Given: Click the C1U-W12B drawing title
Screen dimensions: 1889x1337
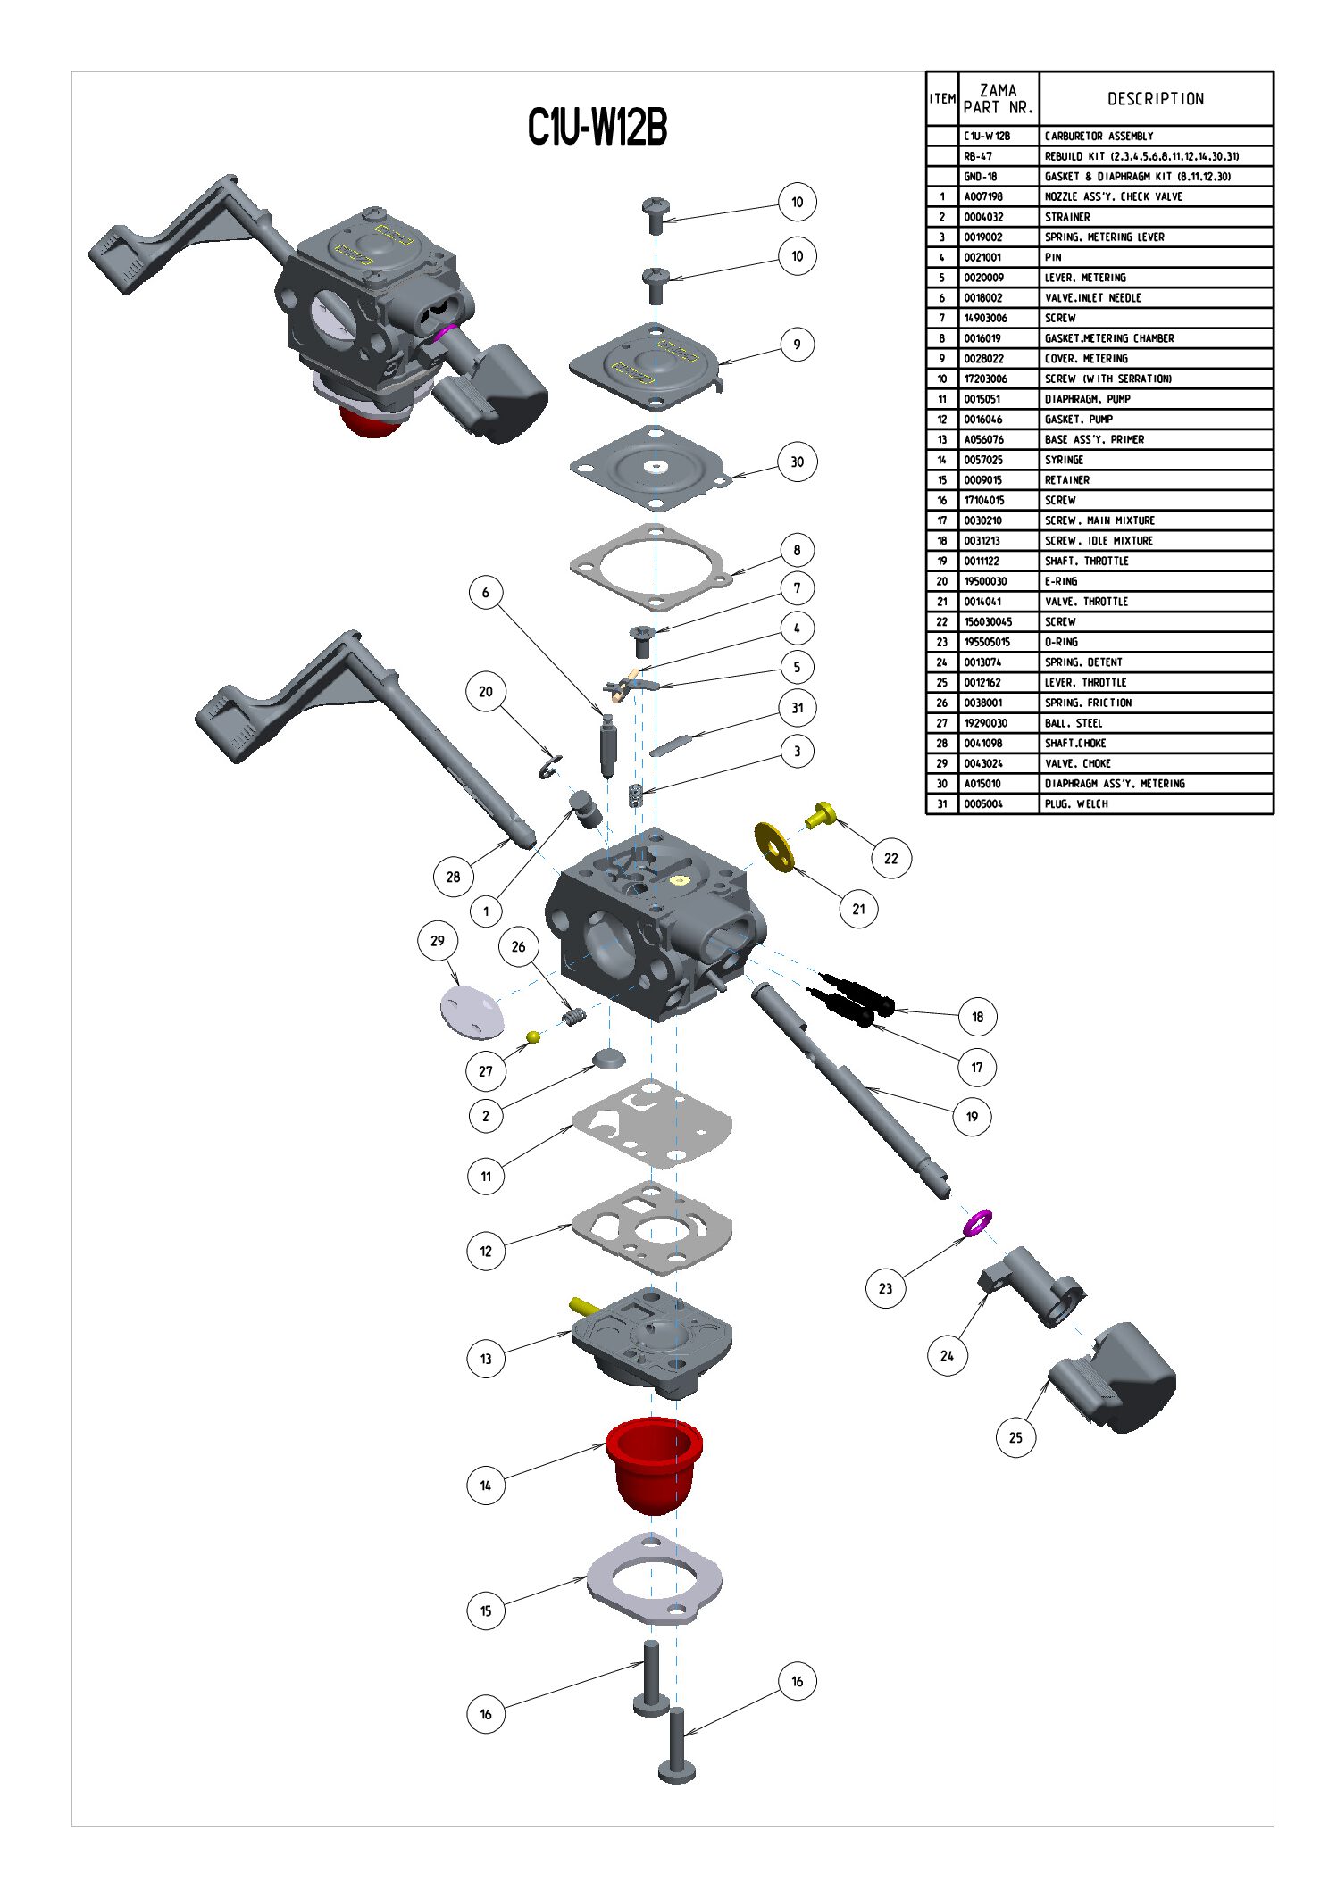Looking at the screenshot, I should [x=597, y=127].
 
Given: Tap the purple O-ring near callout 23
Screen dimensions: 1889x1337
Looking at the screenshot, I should [x=977, y=1222].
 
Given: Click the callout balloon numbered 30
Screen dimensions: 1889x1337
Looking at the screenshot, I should [x=797, y=462].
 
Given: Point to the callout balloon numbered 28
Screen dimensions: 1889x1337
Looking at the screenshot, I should [x=453, y=877].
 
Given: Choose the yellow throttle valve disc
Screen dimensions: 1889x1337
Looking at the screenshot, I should [x=773, y=847].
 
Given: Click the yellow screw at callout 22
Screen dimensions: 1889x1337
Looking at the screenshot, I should [x=821, y=814].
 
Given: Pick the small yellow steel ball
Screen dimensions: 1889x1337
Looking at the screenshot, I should [x=533, y=1036].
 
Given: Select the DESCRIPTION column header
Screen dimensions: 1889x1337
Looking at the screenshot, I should [x=1155, y=99].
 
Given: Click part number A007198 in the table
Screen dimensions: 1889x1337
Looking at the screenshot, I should [x=982, y=196].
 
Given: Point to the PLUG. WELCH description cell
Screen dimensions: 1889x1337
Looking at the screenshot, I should [x=1076, y=804].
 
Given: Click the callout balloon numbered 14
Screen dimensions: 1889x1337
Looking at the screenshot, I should [x=485, y=1485].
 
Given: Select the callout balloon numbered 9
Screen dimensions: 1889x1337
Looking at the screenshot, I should [x=797, y=344].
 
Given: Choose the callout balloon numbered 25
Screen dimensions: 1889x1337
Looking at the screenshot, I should [x=1015, y=1437].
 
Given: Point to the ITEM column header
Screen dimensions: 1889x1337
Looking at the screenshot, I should [x=942, y=99].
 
